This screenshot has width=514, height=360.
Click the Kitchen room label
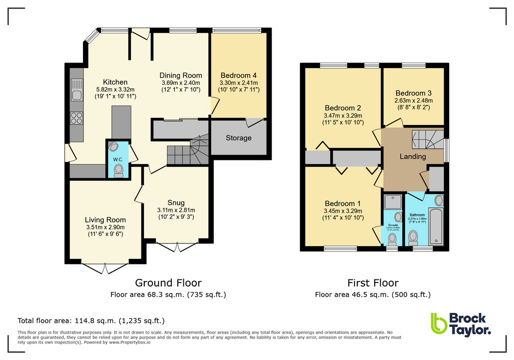[x=115, y=82]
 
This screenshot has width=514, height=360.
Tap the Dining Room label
[x=180, y=75]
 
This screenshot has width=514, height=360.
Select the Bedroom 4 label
[x=238, y=75]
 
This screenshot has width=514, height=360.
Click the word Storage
[x=238, y=138]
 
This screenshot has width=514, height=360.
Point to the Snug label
[x=176, y=202]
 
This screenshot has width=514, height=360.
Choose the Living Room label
[x=105, y=219]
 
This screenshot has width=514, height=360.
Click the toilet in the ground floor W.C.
[x=118, y=171]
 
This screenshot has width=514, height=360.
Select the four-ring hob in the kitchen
[x=76, y=118]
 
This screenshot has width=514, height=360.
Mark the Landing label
[x=413, y=156]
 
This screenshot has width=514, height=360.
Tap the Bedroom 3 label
[x=413, y=93]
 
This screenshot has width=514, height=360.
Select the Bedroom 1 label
[x=343, y=203]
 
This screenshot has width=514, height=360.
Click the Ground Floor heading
[x=168, y=283]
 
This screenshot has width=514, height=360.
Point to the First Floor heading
[x=373, y=283]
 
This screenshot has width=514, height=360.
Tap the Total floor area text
[x=91, y=320]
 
